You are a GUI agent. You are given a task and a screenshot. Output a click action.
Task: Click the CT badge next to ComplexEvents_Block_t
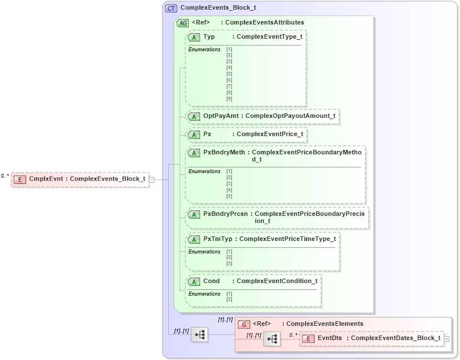pos(171,8)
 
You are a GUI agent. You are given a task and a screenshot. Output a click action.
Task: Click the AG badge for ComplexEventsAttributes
pos(182,23)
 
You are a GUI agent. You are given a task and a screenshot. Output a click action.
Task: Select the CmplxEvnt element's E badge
pos(20,179)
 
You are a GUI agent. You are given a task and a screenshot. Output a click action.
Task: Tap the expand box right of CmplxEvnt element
pos(152,179)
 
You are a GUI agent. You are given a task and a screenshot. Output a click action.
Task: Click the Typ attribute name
pos(209,36)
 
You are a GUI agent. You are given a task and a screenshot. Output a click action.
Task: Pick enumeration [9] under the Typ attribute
pos(229,99)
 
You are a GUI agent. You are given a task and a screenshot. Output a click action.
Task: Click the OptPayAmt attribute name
pos(221,116)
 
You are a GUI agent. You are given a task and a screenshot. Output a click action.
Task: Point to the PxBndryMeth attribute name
pos(224,153)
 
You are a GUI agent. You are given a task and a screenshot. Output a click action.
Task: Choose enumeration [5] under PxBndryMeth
pos(229,196)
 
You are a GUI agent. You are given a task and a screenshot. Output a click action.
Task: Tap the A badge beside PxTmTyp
pos(194,239)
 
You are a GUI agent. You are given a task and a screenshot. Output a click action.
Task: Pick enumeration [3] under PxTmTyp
pos(229,264)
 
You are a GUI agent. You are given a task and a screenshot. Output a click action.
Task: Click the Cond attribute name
pos(211,281)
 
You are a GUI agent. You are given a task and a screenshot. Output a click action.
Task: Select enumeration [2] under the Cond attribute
pos(229,299)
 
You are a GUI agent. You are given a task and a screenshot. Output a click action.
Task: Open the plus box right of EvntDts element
pos(446,338)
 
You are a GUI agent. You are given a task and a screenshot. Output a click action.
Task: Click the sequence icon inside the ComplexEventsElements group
pos(271,339)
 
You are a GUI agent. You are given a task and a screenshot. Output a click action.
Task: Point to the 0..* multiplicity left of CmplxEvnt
pos(5,176)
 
